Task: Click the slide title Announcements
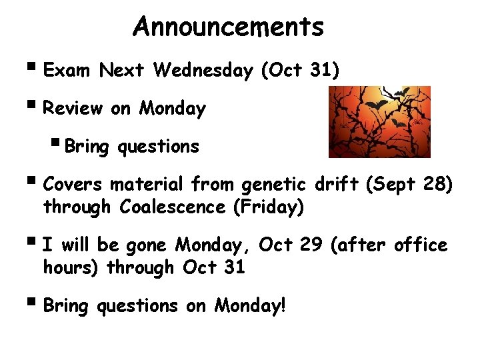tap(228, 27)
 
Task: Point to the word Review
tap(73, 108)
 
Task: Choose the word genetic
tap(273, 183)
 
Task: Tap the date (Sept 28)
tap(410, 183)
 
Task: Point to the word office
tap(421, 245)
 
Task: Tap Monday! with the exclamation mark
tap(249, 306)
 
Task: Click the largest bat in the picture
tap(373, 105)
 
